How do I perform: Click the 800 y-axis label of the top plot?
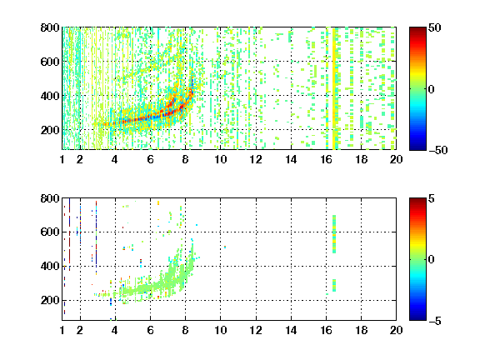pos(50,27)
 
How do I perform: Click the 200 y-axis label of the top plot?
pos(50,130)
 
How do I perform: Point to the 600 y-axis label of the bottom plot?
pos(50,232)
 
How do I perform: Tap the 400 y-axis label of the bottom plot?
pos(50,266)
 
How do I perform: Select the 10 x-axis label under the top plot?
pos(220,159)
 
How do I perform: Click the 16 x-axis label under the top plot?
pos(326,159)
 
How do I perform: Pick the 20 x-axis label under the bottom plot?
pos(396,330)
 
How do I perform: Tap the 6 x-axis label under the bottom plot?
pos(150,330)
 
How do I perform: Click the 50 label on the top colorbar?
pos(435,27)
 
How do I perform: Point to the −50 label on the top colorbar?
pos(438,150)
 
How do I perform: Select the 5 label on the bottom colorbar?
pos(432,198)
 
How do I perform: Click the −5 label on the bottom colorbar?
pos(435,321)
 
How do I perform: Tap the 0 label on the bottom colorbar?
pos(432,260)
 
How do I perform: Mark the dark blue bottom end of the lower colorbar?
pos(417,318)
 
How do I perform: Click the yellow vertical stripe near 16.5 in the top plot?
pos(334,88)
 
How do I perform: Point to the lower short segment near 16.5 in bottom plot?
pos(334,285)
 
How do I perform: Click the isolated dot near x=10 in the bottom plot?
pos(225,247)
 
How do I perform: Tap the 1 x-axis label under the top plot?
pos(62,159)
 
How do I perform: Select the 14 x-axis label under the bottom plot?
pos(291,330)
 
